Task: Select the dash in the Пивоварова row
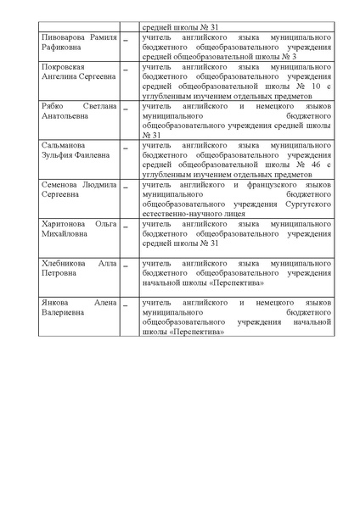(x=127, y=41)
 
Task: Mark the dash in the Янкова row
(x=127, y=304)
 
